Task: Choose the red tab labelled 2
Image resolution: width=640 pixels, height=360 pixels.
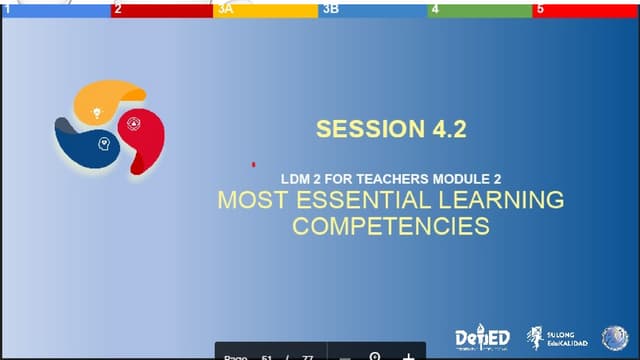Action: tap(160, 9)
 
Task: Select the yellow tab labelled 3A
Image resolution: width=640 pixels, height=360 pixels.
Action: tap(265, 9)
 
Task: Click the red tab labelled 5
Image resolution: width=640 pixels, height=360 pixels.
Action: tap(586, 9)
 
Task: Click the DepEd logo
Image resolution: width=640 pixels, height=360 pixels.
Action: tap(482, 339)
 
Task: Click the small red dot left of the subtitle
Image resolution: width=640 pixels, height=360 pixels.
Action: tap(254, 163)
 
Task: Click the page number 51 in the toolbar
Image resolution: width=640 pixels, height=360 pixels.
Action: tap(267, 356)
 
